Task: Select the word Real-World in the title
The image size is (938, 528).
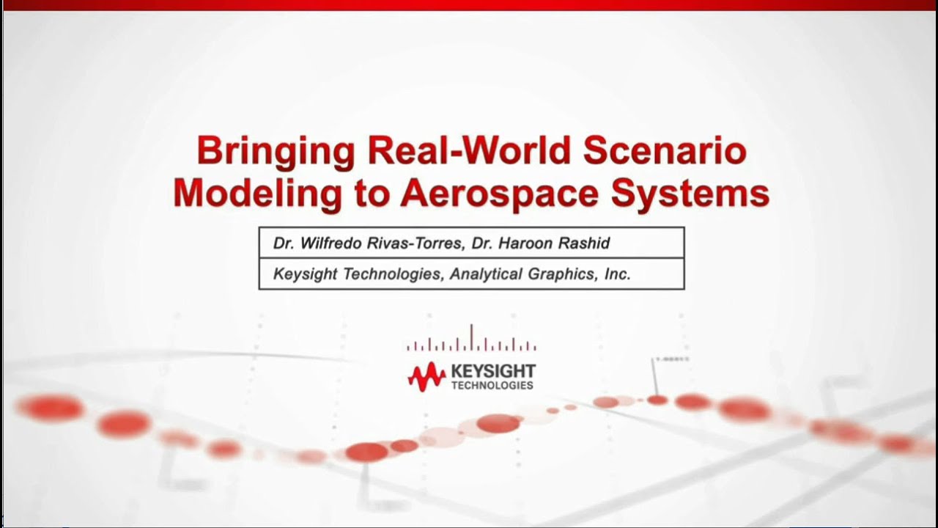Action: pos(469,150)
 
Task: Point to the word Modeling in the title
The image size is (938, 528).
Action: pos(257,193)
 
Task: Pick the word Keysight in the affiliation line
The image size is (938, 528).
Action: pos(306,274)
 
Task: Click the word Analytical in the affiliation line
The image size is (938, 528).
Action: pos(485,274)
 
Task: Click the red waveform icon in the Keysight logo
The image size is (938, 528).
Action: pos(426,376)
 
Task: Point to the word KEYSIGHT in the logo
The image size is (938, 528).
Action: pos(493,371)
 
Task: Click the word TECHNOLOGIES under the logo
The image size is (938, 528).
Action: pos(492,385)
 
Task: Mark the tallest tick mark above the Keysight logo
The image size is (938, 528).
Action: pos(471,337)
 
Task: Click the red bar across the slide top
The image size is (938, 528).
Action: pos(469,5)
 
